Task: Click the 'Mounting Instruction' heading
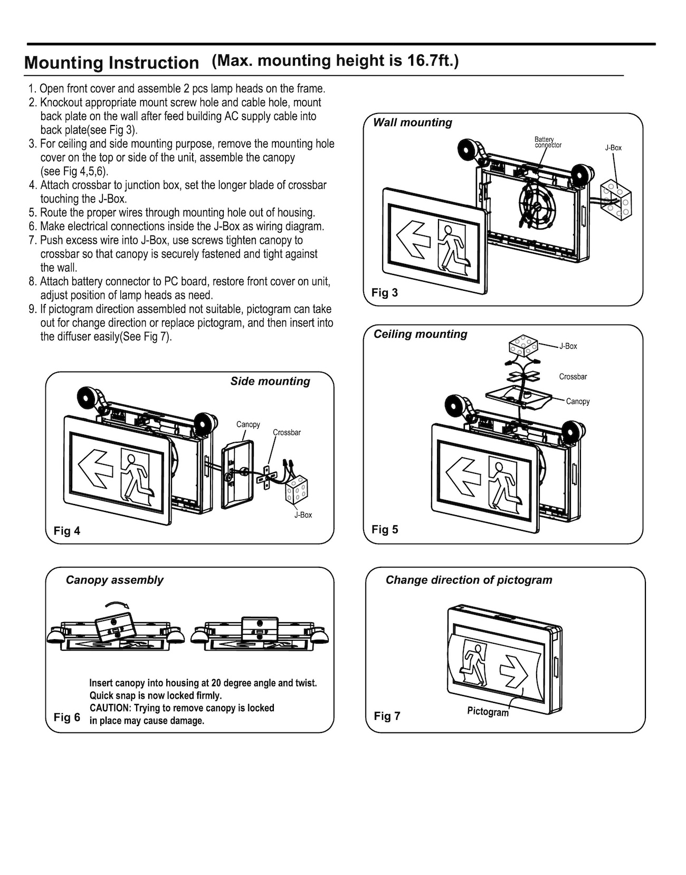pyautogui.click(x=111, y=63)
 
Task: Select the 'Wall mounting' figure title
pyautogui.click(x=412, y=122)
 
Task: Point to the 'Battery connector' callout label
pyautogui.click(x=547, y=142)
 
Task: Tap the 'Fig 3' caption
pyautogui.click(x=385, y=292)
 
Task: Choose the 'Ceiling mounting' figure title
pyautogui.click(x=420, y=334)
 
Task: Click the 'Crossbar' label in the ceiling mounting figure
pyautogui.click(x=573, y=377)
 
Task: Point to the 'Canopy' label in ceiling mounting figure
pyautogui.click(x=577, y=402)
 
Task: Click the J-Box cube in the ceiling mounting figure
pyautogui.click(x=522, y=346)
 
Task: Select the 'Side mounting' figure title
pyautogui.click(x=270, y=381)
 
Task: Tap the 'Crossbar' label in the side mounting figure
pyautogui.click(x=287, y=433)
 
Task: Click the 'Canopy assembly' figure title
pyautogui.click(x=115, y=580)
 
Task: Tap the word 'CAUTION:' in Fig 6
pyautogui.click(x=109, y=708)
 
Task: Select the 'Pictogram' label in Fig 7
pyautogui.click(x=488, y=712)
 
